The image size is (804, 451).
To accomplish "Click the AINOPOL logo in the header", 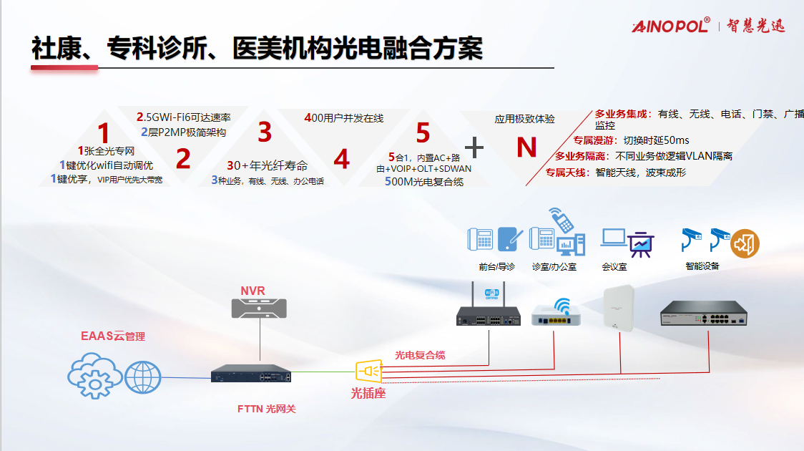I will (670, 25).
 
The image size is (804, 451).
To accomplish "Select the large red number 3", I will (265, 132).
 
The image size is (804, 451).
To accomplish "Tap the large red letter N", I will (526, 147).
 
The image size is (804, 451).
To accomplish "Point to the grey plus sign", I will (475, 147).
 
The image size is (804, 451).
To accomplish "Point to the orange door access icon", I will (745, 244).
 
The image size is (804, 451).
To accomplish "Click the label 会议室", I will (614, 266).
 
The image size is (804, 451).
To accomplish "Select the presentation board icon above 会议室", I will (640, 243).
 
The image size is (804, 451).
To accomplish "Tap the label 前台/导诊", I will (497, 266).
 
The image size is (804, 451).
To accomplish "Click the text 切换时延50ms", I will (656, 140).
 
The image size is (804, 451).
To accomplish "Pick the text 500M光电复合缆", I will (424, 182).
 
